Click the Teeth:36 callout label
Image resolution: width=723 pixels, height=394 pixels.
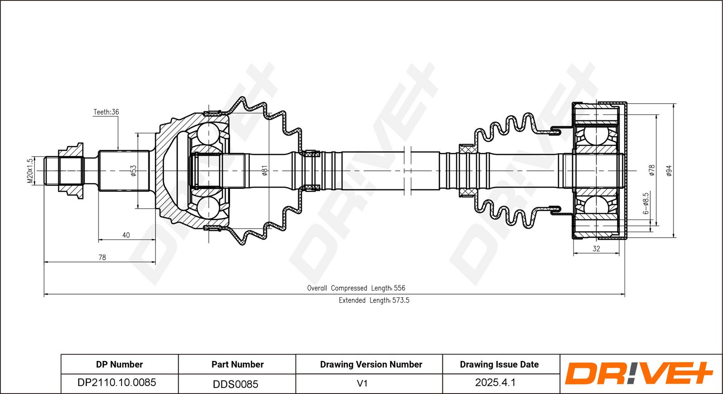tap(106, 112)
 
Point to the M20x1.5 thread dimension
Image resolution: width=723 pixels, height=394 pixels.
tap(30, 171)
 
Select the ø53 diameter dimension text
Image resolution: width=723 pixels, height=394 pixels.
tap(133, 171)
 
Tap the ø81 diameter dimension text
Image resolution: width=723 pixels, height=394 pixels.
tap(265, 170)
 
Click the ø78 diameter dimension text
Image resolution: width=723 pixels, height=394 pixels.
tap(652, 170)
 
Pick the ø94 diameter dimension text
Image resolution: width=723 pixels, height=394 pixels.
tap(669, 170)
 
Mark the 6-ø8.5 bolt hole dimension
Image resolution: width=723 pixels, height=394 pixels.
tap(646, 204)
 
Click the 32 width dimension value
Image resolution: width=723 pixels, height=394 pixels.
tap(596, 249)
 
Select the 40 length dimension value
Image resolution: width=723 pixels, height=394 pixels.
tap(126, 235)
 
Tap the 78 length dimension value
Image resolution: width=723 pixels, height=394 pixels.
tap(102, 258)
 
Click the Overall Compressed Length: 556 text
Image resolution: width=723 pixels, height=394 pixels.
tap(356, 288)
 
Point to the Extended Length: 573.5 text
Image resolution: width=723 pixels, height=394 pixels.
tap(374, 300)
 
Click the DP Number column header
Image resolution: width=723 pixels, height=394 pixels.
tap(119, 364)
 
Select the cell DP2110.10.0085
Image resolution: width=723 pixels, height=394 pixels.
tap(117, 382)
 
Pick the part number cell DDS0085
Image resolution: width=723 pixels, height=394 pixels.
tap(235, 384)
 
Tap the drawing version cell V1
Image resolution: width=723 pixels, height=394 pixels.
tap(362, 383)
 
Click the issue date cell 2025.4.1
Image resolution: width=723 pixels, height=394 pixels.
tap(495, 382)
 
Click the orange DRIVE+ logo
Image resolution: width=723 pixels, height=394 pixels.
tap(639, 373)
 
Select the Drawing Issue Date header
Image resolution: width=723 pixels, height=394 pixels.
tap(499, 364)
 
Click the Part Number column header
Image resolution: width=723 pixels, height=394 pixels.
tap(238, 364)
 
